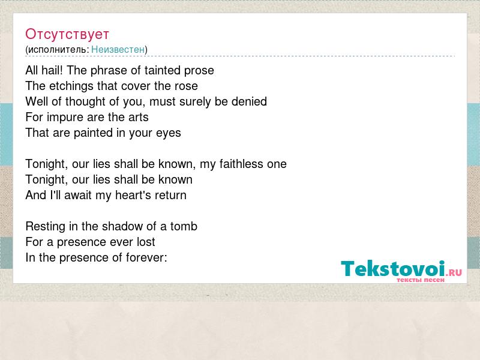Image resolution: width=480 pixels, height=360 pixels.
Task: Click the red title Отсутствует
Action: click(67, 34)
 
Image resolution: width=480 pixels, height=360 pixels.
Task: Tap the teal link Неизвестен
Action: click(118, 50)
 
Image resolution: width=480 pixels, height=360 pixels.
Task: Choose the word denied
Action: click(249, 101)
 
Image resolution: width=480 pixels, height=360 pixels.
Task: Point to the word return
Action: click(170, 196)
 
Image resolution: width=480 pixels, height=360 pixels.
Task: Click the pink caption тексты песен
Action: click(421, 280)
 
